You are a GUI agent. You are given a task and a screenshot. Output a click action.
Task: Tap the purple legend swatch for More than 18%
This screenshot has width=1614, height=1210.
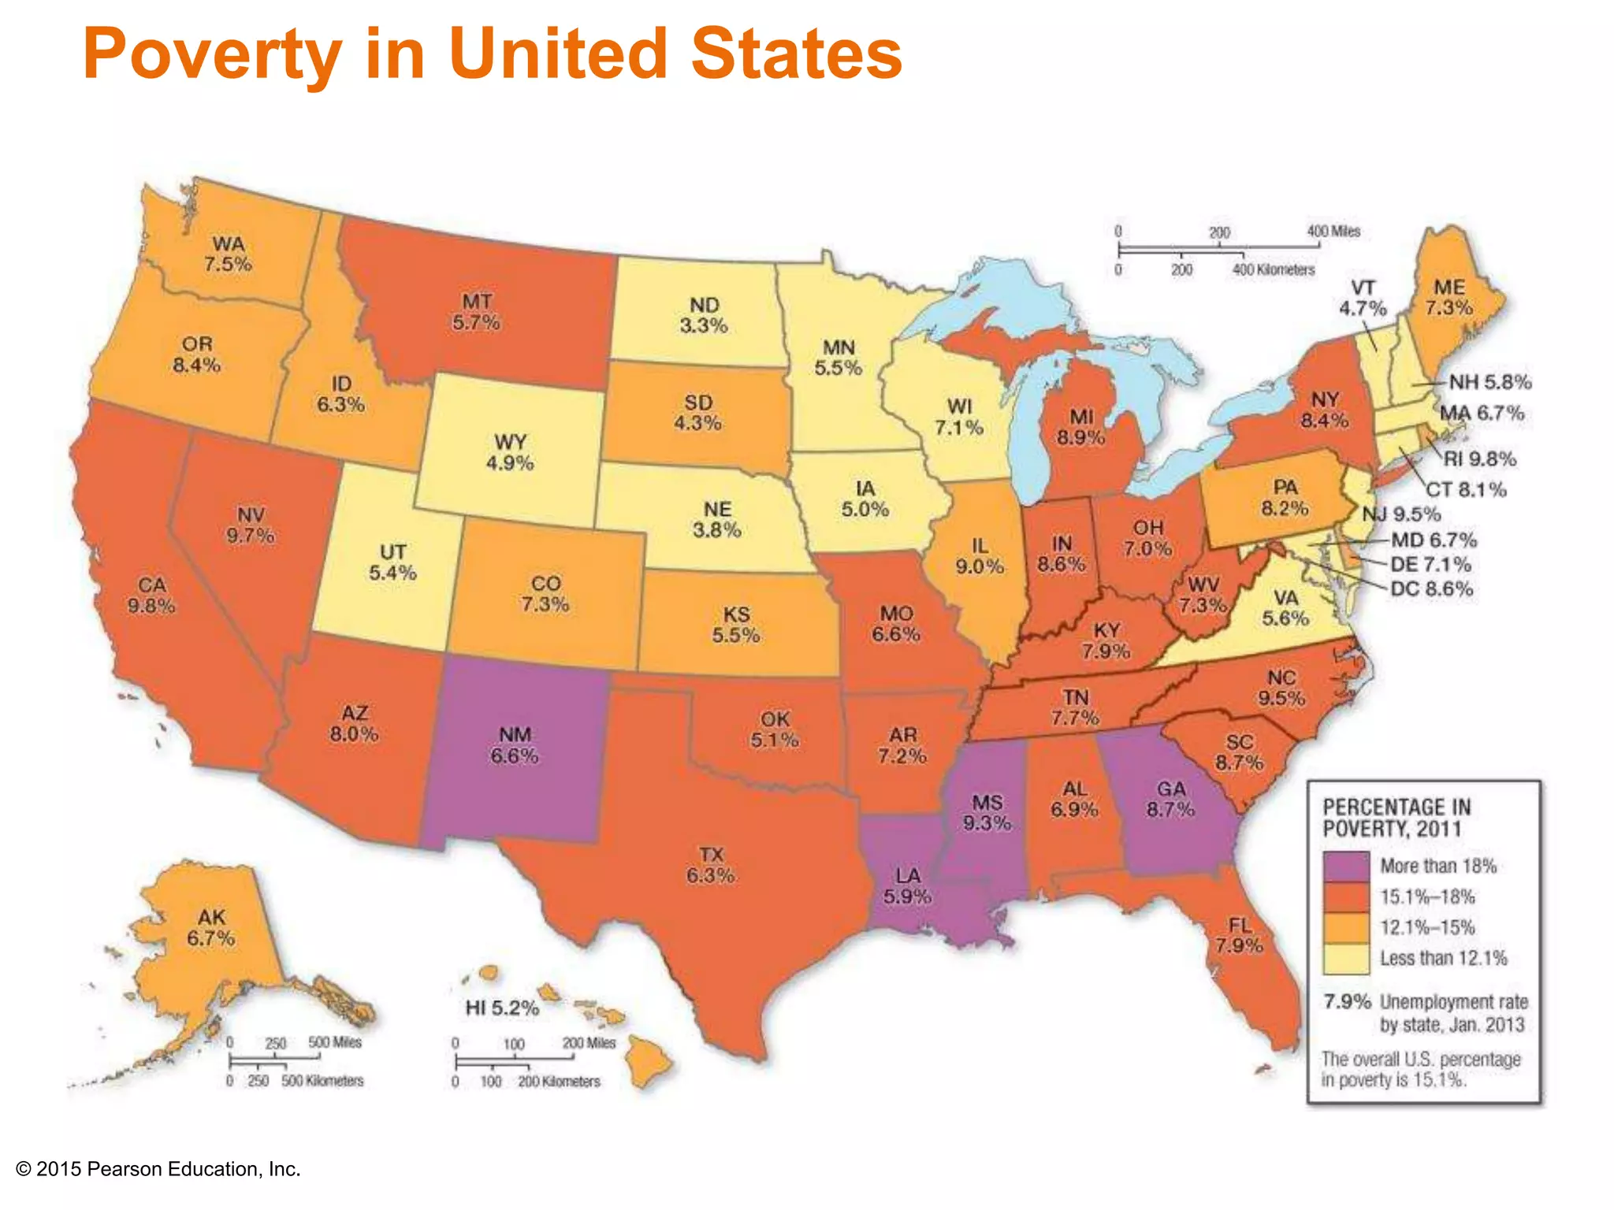[x=1346, y=866]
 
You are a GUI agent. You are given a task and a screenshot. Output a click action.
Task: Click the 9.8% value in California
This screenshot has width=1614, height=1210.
[x=151, y=606]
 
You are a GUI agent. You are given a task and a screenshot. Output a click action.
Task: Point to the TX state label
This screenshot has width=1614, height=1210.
[x=711, y=855]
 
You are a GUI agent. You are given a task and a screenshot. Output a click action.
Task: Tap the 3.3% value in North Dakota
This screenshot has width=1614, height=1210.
[x=704, y=325]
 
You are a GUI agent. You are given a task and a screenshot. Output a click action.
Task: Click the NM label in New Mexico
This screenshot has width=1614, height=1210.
[x=515, y=734]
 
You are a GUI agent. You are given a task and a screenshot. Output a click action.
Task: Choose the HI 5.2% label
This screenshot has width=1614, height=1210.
[x=502, y=1008]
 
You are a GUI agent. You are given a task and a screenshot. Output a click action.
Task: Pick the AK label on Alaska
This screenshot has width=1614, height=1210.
[x=211, y=917]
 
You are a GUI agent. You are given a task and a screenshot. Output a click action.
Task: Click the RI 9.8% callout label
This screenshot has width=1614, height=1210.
[x=1479, y=458]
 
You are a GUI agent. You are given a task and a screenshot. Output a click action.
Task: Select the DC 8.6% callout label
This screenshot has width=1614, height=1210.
[x=1431, y=588]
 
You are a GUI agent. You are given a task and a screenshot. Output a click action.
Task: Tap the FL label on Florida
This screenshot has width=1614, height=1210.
[x=1240, y=925]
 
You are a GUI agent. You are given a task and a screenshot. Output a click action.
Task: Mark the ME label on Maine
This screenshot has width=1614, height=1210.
[x=1449, y=287]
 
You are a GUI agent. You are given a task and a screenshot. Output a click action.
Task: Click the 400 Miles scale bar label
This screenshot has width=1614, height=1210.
[x=1333, y=231]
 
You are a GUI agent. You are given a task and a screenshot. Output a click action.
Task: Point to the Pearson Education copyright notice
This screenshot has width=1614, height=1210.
[x=158, y=1169]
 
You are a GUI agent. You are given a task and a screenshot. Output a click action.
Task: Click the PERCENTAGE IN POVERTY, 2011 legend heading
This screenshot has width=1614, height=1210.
[x=1396, y=818]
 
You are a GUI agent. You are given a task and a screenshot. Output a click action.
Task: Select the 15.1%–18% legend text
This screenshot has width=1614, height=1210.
[x=1427, y=896]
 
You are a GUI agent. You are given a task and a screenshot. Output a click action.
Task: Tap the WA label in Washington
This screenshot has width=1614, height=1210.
[x=228, y=243]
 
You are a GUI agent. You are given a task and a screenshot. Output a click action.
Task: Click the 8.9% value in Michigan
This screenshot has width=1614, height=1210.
[x=1081, y=437]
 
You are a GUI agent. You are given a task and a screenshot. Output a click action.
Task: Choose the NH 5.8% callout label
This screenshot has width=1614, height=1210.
[x=1489, y=382]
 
